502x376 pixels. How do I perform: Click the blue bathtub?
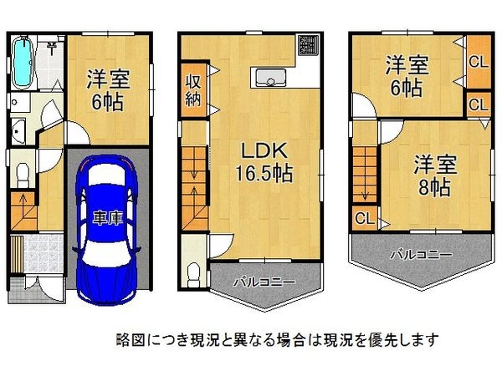[23, 63]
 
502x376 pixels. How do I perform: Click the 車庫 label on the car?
[107, 219]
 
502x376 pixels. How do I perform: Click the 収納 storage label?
[192, 87]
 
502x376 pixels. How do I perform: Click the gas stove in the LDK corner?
[308, 43]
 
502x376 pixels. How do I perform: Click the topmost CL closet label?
[477, 61]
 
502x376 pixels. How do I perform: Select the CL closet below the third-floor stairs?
[364, 219]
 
